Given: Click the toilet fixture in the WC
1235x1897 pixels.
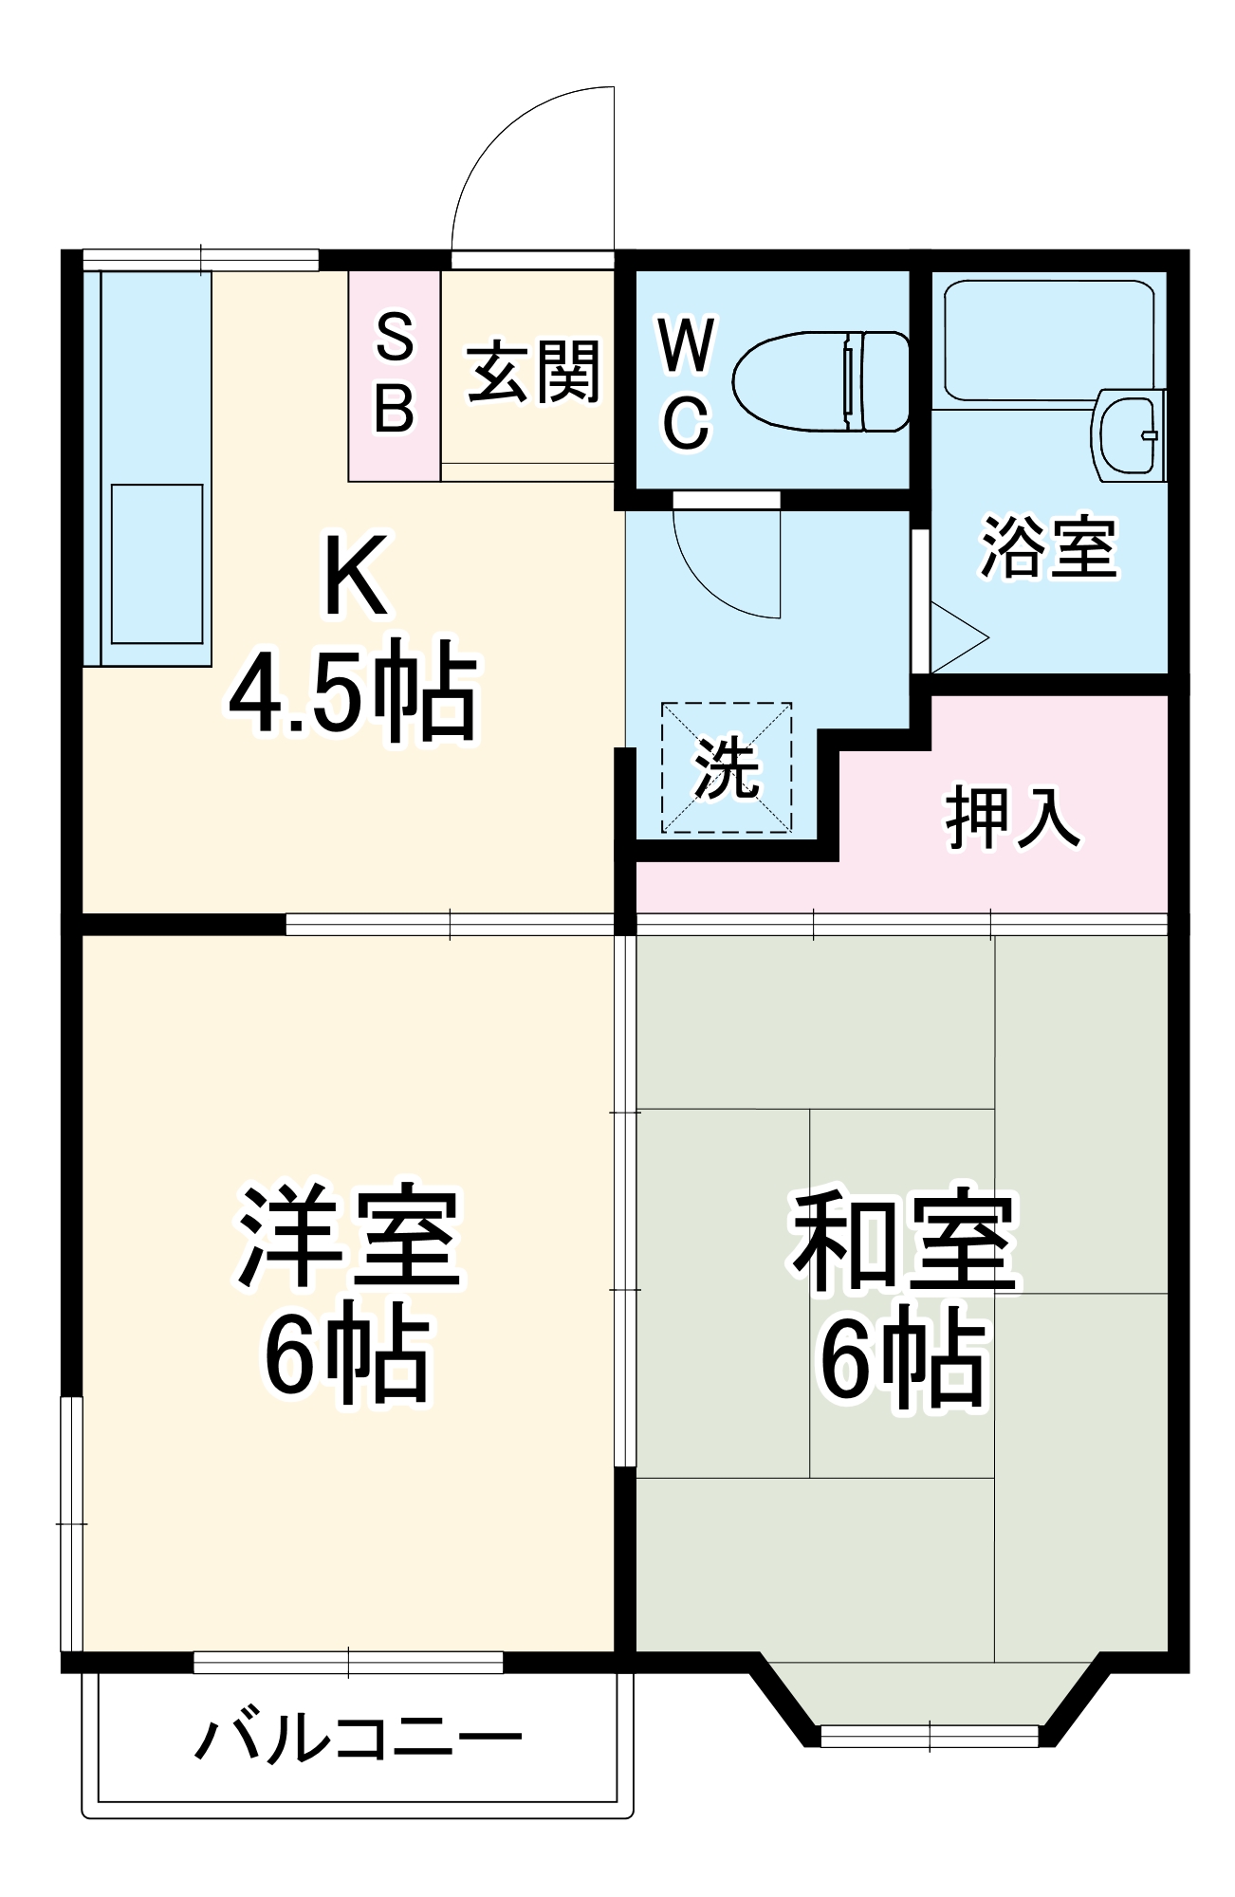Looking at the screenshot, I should pyautogui.click(x=820, y=381).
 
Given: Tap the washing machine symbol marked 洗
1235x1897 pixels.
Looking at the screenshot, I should pyautogui.click(x=727, y=768).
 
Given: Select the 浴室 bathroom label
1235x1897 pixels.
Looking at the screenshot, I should pyautogui.click(x=1048, y=547).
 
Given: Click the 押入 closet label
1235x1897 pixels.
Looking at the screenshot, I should pyautogui.click(x=1013, y=817).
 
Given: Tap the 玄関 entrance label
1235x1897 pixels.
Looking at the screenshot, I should pyautogui.click(x=534, y=373).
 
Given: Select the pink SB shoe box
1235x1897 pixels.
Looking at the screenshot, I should pyautogui.click(x=395, y=375).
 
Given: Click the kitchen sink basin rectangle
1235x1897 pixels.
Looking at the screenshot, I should pyautogui.click(x=157, y=564).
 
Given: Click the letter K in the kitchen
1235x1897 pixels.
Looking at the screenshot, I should pyautogui.click(x=355, y=575).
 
